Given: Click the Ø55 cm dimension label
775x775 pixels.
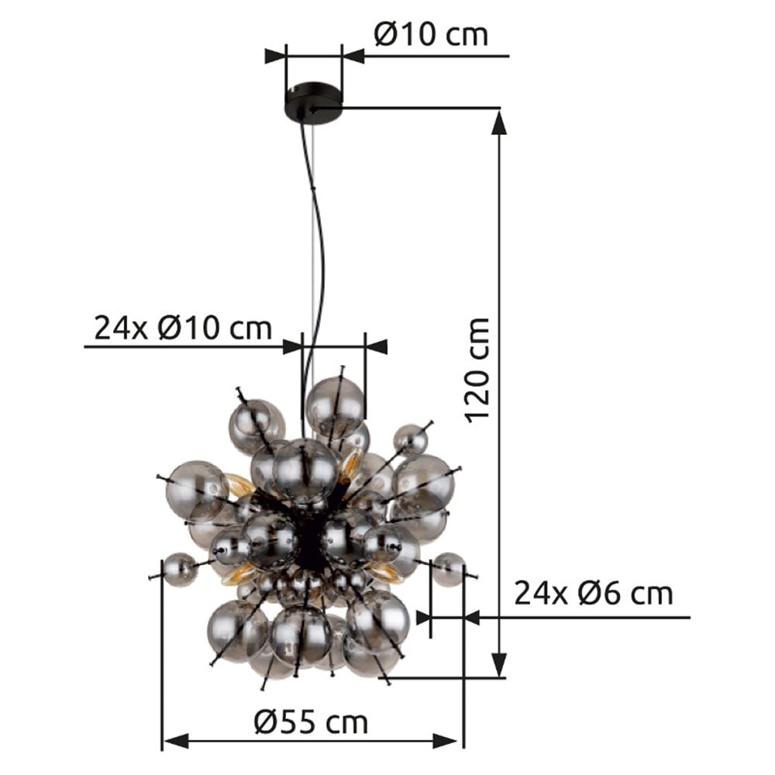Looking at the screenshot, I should tap(311, 723).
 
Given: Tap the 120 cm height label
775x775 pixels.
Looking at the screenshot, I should tap(478, 370).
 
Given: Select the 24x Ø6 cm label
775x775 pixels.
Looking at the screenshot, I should tap(594, 594).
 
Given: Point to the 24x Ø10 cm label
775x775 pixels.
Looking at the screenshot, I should tap(183, 328).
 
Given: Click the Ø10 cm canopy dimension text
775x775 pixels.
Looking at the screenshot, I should tap(431, 35).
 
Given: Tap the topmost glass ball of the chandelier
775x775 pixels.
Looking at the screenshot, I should tap(335, 406).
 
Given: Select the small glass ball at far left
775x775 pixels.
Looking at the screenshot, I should tap(180, 569).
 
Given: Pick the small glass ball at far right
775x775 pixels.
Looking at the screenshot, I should tap(449, 568).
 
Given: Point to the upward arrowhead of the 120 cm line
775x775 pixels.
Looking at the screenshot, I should tap(500, 122).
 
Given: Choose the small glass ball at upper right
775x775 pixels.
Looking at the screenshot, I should tap(411, 439).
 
